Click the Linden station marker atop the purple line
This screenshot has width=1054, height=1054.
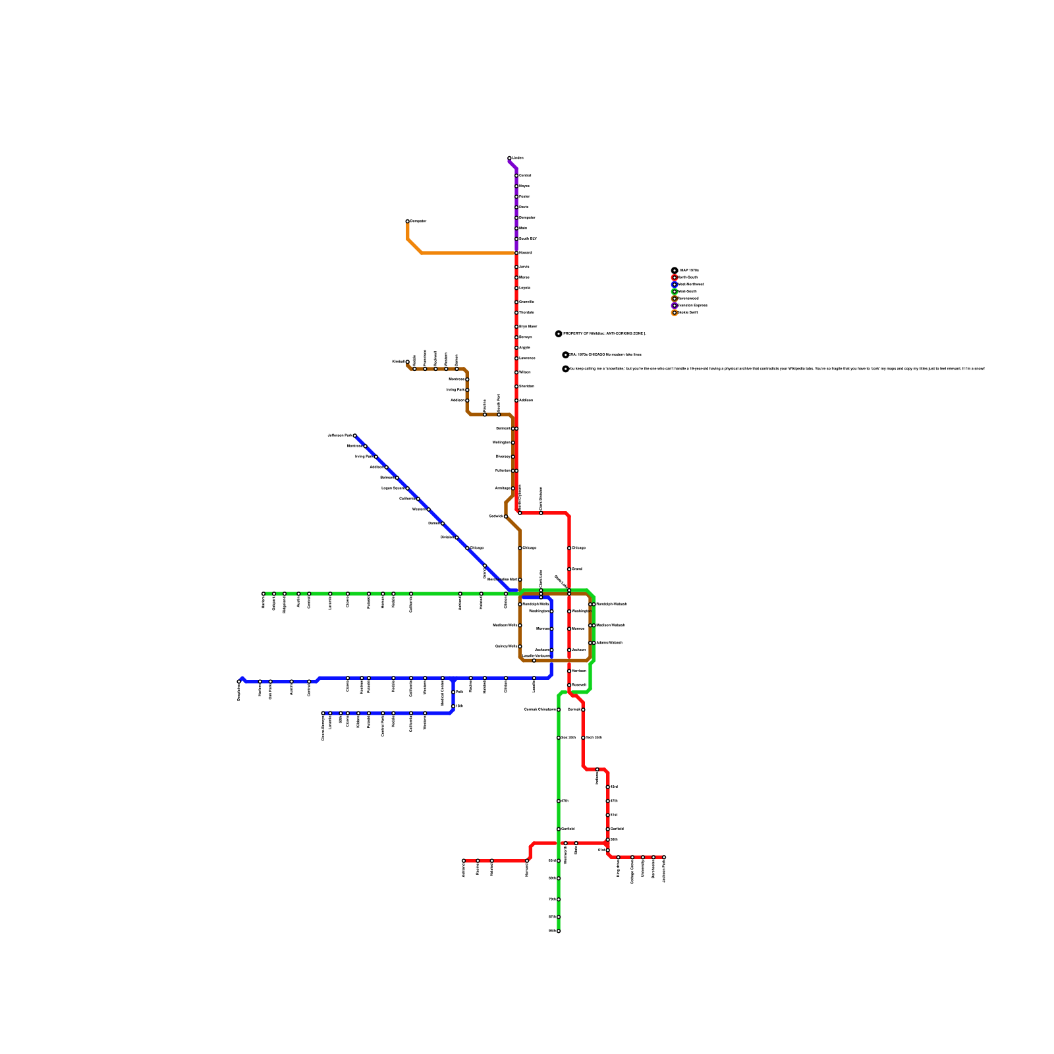(x=510, y=158)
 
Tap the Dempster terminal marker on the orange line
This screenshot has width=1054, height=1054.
(x=408, y=221)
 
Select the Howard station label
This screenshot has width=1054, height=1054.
(x=525, y=253)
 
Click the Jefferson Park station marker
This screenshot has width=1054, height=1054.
(x=354, y=435)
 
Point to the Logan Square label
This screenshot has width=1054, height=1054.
(x=393, y=488)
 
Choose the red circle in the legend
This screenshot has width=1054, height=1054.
(x=674, y=277)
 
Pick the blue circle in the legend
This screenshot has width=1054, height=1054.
(x=674, y=285)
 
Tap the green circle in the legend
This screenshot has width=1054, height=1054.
(x=674, y=291)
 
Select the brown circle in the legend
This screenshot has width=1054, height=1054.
(x=674, y=298)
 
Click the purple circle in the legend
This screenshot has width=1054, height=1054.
(x=674, y=306)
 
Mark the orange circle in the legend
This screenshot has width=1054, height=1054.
(x=674, y=312)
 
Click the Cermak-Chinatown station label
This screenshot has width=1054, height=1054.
(x=540, y=709)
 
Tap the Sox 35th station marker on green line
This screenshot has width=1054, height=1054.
(x=559, y=738)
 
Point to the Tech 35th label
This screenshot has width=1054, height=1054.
(x=594, y=738)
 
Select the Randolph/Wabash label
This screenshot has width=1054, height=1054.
(x=611, y=604)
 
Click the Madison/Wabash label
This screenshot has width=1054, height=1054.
(x=610, y=625)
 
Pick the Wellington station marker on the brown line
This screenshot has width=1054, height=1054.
(x=513, y=443)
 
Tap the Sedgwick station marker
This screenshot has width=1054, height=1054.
(x=506, y=516)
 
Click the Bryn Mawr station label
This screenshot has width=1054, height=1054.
(x=528, y=327)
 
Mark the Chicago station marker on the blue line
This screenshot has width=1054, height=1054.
(x=467, y=548)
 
